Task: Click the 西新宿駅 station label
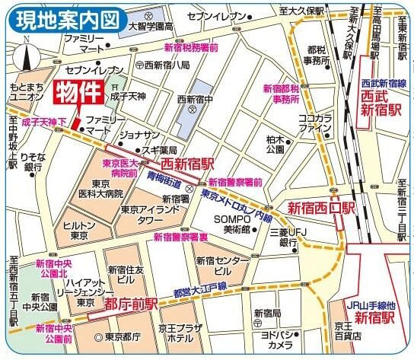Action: coord(186,163)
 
